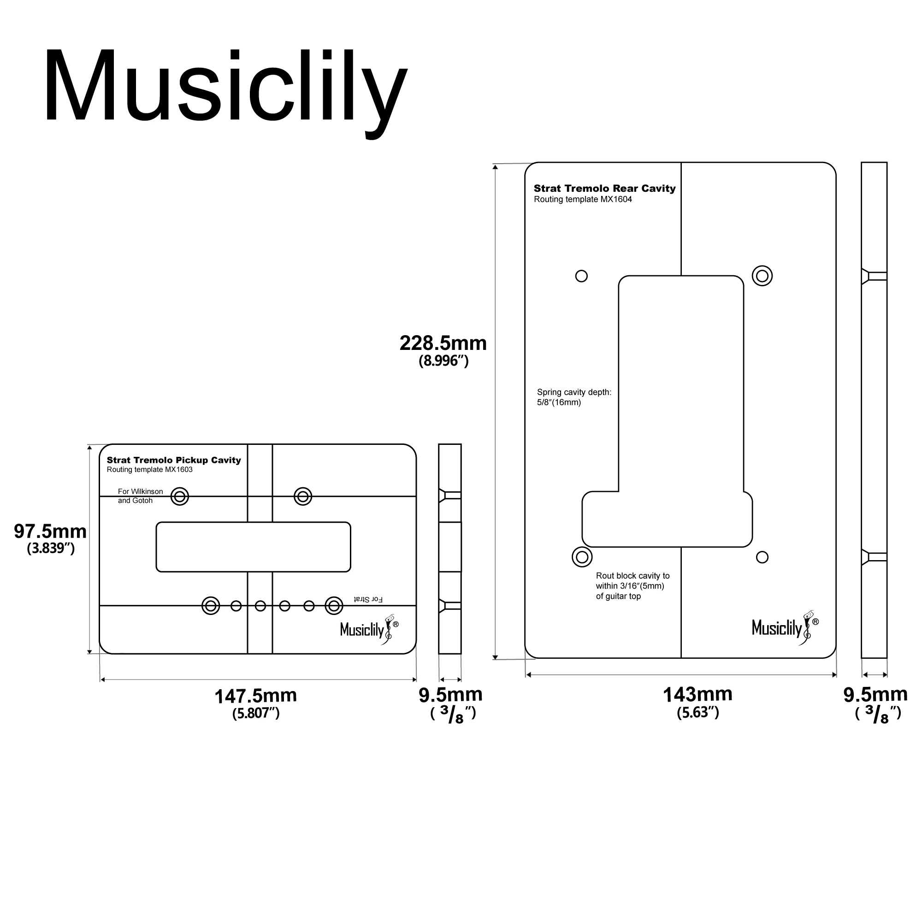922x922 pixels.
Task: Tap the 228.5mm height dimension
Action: coord(443,343)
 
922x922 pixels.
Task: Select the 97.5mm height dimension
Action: coord(50,532)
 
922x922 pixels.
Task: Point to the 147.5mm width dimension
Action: coord(255,696)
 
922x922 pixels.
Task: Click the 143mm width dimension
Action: coord(697,695)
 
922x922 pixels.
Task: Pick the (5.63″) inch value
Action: coord(697,713)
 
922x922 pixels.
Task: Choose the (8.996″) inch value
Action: coord(443,361)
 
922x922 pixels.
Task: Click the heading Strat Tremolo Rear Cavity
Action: coord(604,189)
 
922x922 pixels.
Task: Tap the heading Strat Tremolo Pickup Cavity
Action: coord(174,460)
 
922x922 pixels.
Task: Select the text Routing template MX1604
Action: coord(583,200)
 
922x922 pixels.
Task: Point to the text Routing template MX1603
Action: coord(149,470)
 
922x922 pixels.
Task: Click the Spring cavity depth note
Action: coord(573,397)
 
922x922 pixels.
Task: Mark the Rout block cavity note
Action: coord(632,585)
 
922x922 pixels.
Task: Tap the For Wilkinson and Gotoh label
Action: coord(140,496)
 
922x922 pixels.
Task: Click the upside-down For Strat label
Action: coord(368,599)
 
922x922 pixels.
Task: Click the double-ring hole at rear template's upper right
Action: coord(762,276)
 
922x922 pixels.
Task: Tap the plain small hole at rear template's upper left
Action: coord(581,276)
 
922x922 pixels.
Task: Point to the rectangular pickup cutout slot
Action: coord(253,547)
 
